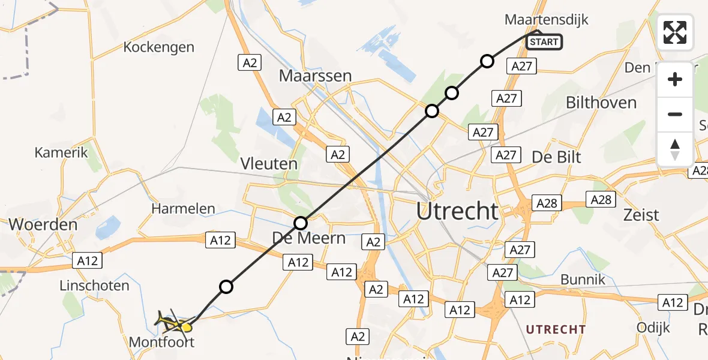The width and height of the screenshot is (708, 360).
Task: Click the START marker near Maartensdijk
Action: [x=544, y=42]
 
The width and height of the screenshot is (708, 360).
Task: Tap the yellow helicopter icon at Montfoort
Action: [x=175, y=323]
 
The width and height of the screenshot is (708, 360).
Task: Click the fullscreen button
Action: [x=675, y=32]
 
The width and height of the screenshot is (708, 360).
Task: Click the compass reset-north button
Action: [x=675, y=149]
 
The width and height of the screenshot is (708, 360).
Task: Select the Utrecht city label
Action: [x=458, y=211]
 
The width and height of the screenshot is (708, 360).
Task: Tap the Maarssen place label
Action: [x=315, y=76]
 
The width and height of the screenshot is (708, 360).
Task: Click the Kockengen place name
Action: [x=158, y=47]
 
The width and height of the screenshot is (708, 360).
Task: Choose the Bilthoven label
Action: [x=601, y=103]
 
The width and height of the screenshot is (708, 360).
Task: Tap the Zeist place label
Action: [x=641, y=214]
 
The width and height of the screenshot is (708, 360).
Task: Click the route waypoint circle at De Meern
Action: [x=301, y=223]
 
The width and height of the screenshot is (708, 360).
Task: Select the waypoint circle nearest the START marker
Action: [x=487, y=61]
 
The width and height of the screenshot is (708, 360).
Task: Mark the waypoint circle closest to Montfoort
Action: [x=226, y=287]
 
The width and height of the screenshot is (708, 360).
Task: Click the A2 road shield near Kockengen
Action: [x=250, y=62]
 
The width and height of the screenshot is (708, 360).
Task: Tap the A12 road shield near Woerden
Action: [x=87, y=260]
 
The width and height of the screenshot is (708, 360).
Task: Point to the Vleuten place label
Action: [x=269, y=164]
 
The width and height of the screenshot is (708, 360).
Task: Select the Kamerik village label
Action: [x=61, y=152]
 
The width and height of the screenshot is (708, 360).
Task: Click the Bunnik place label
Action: [x=582, y=280]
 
